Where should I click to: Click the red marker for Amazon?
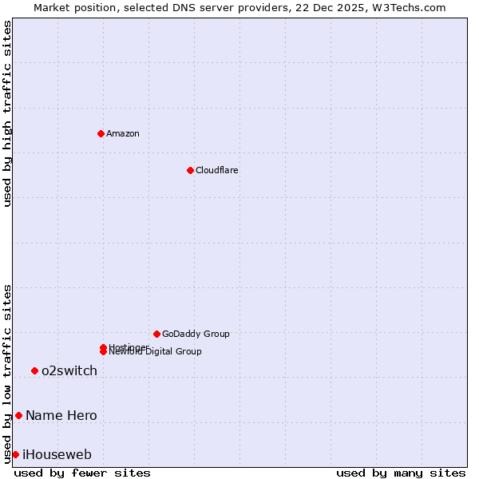click(x=101, y=133)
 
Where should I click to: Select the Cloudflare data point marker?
click(x=190, y=170)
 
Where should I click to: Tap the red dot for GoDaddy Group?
click(x=156, y=334)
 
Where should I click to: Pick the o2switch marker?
click(x=34, y=370)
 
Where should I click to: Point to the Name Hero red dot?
click(x=18, y=415)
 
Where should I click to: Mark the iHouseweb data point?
click(x=15, y=454)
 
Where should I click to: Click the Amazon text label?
click(x=123, y=134)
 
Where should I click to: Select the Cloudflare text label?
click(x=217, y=171)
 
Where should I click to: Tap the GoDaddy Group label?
click(x=196, y=335)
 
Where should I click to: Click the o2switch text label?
click(x=69, y=371)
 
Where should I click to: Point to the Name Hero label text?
click(x=61, y=416)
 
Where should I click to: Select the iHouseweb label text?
click(x=57, y=455)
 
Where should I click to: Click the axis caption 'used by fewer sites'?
click(x=82, y=473)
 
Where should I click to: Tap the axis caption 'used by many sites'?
click(x=401, y=473)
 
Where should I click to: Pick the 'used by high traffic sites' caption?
click(x=8, y=113)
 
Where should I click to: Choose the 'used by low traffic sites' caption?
click(x=8, y=373)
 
